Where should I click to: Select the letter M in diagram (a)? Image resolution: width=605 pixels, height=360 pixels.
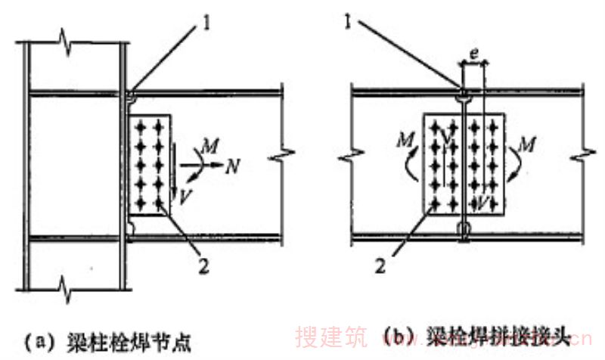pyautogui.click(x=215, y=143)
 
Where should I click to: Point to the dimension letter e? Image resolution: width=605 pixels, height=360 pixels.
pyautogui.click(x=472, y=54)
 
